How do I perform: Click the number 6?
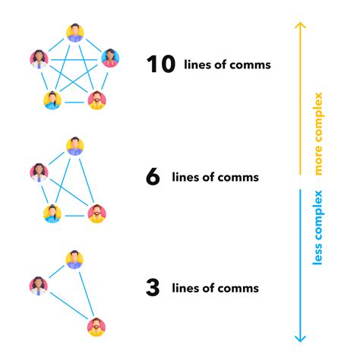(x=153, y=177)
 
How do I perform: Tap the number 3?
(x=152, y=288)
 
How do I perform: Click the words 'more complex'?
(x=317, y=134)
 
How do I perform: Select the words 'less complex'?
(x=317, y=229)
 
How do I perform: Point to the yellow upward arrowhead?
(x=300, y=27)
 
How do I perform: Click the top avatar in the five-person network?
(x=74, y=33)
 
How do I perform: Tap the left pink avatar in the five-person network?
(x=38, y=58)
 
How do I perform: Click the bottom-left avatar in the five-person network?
(x=52, y=100)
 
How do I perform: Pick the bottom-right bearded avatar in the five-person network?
(x=96, y=100)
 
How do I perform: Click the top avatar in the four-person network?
(x=74, y=146)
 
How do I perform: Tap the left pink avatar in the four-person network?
(x=38, y=172)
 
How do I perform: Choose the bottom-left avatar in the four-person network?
(x=52, y=213)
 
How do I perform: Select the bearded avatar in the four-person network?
(x=96, y=213)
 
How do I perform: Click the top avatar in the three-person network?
(x=74, y=259)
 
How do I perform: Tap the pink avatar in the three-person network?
(x=38, y=286)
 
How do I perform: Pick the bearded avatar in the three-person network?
(x=96, y=327)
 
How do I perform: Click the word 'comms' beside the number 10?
(x=252, y=65)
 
